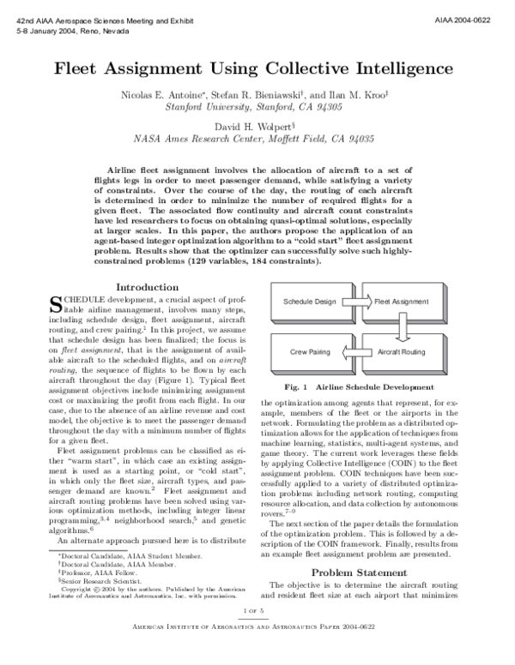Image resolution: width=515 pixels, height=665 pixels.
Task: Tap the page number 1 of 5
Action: [256, 633]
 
